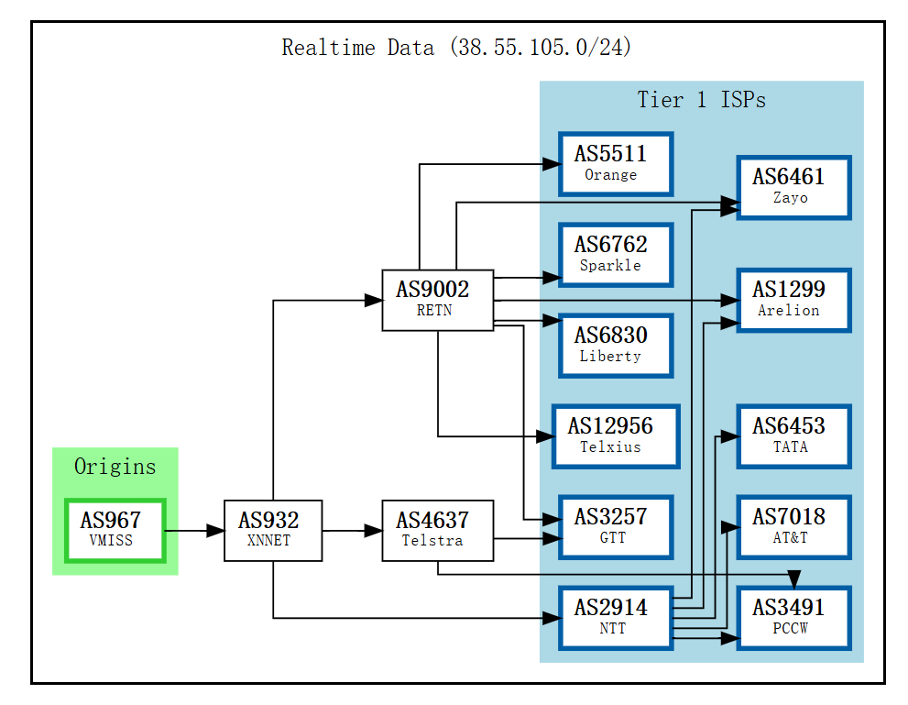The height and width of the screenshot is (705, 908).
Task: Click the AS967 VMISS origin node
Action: (x=115, y=530)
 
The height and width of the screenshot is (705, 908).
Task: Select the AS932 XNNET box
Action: (x=273, y=530)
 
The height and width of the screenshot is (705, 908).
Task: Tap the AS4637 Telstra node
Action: (x=437, y=530)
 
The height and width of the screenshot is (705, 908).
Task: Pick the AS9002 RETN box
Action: (x=437, y=299)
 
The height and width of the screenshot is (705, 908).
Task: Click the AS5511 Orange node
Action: (x=616, y=163)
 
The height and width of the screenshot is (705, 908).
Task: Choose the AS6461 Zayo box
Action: (x=793, y=187)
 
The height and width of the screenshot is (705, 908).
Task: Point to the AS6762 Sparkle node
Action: (x=616, y=254)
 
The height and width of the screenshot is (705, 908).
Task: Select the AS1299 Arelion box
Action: (x=793, y=300)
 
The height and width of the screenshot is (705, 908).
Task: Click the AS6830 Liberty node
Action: (x=616, y=345)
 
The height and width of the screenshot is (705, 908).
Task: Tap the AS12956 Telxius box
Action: (x=616, y=435)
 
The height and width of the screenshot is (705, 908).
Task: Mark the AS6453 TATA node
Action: (x=793, y=435)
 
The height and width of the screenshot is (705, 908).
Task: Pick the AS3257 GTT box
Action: (x=616, y=526)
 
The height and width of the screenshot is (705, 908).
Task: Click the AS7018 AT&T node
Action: (x=793, y=526)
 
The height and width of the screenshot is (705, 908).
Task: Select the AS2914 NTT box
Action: (x=616, y=617)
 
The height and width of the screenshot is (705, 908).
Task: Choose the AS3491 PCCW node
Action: (x=793, y=617)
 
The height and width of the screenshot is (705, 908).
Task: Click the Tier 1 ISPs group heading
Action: (x=701, y=100)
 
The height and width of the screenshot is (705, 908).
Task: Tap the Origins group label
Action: (x=115, y=467)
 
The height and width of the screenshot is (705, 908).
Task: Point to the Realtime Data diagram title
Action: (x=456, y=48)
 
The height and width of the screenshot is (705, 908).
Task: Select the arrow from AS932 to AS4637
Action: (x=352, y=530)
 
